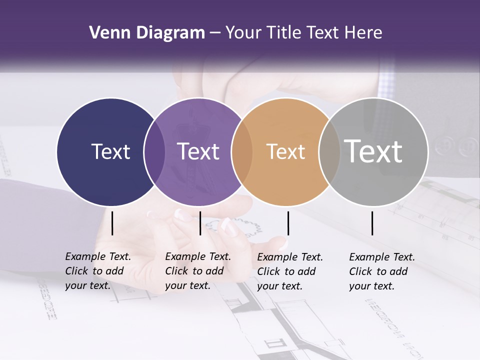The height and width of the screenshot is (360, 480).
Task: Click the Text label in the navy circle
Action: pos(110,151)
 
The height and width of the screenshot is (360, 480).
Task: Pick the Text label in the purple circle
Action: pos(198,151)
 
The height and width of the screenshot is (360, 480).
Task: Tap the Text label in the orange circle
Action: pos(285,151)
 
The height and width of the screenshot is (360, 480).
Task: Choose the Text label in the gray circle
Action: pos(373,151)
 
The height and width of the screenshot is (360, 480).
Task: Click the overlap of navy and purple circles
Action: pos(154,151)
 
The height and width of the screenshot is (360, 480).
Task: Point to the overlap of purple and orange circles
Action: pos(242,151)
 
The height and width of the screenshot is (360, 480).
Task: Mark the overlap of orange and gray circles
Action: pos(329,151)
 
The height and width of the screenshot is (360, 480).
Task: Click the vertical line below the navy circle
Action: pos(112,223)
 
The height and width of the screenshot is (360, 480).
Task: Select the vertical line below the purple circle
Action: pos(200,223)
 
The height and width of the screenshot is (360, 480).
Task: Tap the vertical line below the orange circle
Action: pos(288,223)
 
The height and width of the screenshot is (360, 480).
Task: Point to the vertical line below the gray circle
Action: pos(372,223)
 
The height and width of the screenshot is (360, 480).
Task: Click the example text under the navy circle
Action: pos(98,271)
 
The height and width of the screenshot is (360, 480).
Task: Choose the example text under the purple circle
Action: pos(198,271)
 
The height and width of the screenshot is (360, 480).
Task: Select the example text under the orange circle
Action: pos(290,271)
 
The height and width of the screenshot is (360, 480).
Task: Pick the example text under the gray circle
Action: pos(382,271)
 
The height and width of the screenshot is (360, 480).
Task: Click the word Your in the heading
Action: pos(243,33)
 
